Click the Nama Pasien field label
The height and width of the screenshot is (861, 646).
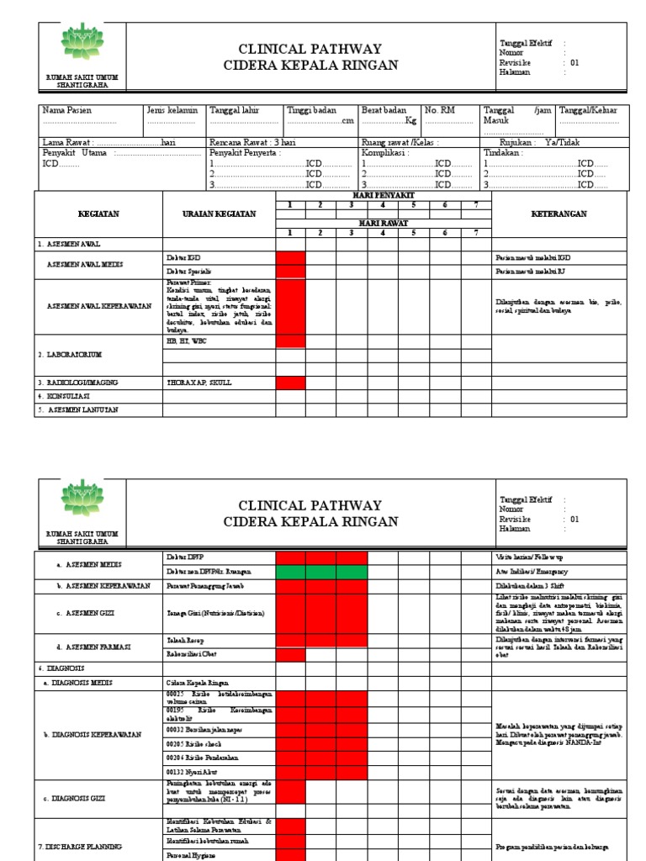click(x=67, y=110)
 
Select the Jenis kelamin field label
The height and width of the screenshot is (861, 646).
click(x=172, y=110)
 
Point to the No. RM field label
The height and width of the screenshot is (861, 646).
click(x=439, y=110)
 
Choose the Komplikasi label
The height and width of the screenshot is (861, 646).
click(x=384, y=153)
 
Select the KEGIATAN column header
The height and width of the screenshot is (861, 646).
click(x=98, y=214)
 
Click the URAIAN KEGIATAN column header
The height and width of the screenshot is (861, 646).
click(x=219, y=214)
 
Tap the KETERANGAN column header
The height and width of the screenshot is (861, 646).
click(x=559, y=214)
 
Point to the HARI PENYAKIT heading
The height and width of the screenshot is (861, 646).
click(x=384, y=195)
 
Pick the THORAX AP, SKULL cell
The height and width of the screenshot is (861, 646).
click(x=199, y=383)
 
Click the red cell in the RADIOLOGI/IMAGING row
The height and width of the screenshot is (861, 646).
click(x=290, y=383)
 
